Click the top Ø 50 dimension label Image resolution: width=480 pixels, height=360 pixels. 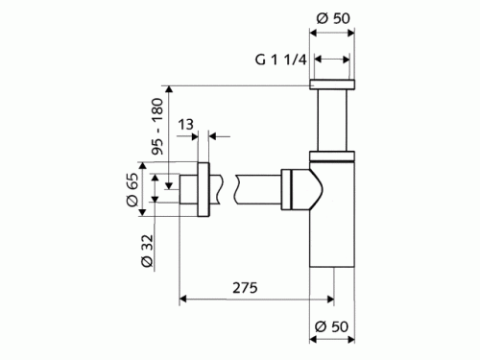[x=333, y=18]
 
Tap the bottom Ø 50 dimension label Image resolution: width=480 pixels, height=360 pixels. [x=331, y=326]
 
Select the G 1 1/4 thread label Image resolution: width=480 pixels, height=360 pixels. [x=281, y=60]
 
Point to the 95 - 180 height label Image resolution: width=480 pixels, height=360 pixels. [x=157, y=127]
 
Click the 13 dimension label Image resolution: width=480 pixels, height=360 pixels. [x=185, y=125]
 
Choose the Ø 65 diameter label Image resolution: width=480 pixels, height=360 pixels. [x=132, y=190]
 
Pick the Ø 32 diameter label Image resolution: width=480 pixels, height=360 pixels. [x=147, y=251]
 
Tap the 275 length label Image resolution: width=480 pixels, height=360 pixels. [x=245, y=288]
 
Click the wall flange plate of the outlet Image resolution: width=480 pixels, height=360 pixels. [x=204, y=189]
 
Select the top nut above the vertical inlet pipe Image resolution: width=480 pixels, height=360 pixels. [x=332, y=84]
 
